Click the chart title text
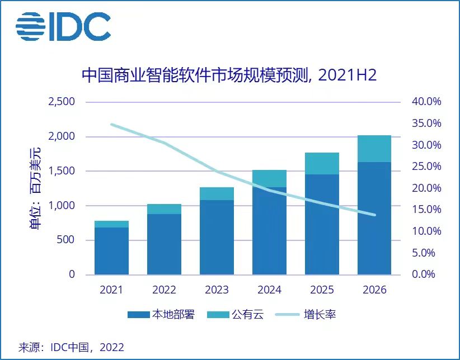pyautogui.click(x=229, y=75)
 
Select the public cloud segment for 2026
pyautogui.click(x=374, y=149)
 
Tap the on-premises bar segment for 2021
pyautogui.click(x=111, y=251)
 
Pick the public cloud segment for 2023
pyautogui.click(x=217, y=193)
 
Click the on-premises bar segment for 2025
pyautogui.click(x=322, y=224)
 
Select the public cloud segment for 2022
pyautogui.click(x=164, y=209)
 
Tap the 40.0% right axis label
pyautogui.click(x=426, y=102)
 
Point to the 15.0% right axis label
pyautogui.click(x=426, y=210)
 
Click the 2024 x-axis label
pyautogui.click(x=269, y=290)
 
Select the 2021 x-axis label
pyautogui.click(x=111, y=290)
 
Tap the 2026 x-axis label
pyautogui.click(x=374, y=290)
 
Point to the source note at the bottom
pyautogui.click(x=71, y=347)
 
